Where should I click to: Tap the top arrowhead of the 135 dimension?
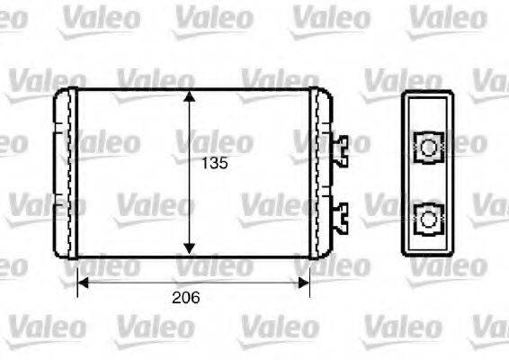tap(189, 96)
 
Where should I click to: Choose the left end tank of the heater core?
tap(65, 171)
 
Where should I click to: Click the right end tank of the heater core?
tap(320, 171)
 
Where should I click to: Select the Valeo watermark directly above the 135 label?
tap(214, 141)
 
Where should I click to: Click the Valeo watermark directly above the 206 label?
tap(214, 265)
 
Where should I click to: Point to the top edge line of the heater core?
tap(135, 89)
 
